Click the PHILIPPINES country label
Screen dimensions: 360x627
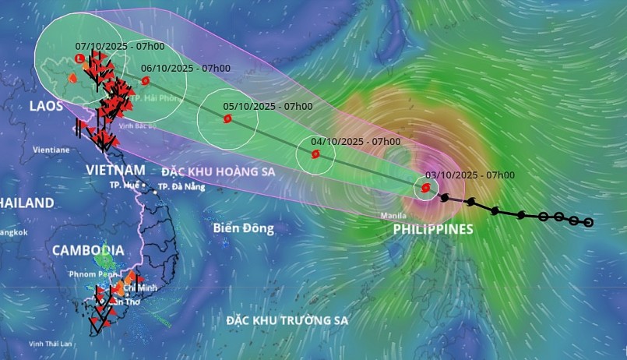point(433,229)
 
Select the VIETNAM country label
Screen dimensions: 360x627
point(116,170)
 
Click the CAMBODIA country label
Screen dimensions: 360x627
point(87,250)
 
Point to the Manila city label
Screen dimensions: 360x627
point(394,214)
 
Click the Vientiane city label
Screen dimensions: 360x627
point(51,149)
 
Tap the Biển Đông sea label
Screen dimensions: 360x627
point(243,228)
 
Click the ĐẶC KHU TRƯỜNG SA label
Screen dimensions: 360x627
point(287,320)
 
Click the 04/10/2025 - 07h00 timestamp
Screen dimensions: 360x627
point(355,141)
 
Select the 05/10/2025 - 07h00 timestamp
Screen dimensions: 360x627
point(268,106)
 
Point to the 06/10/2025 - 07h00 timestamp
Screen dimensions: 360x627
point(185,68)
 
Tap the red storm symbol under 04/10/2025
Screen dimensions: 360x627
point(315,154)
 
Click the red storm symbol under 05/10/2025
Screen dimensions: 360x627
point(227,119)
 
